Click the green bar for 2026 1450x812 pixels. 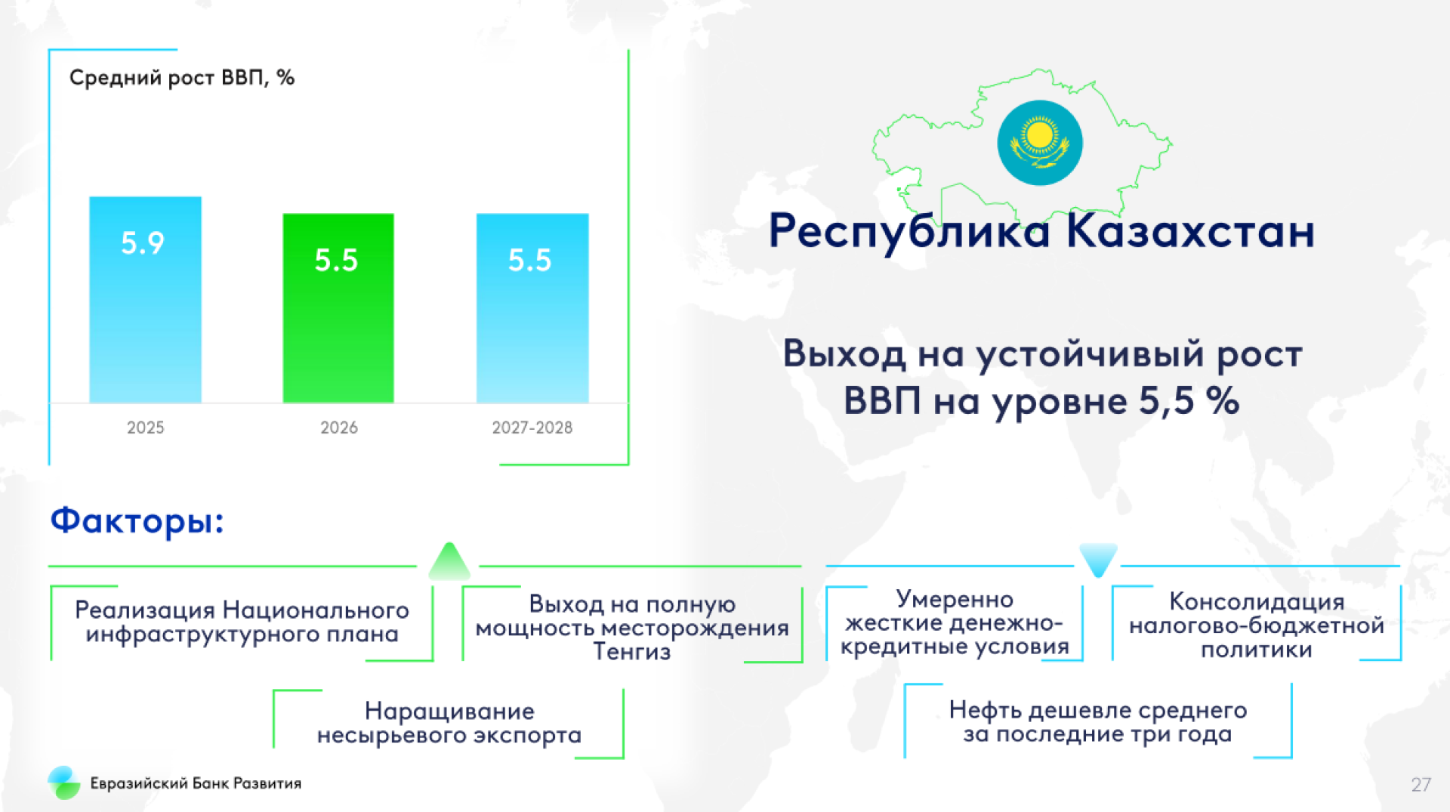(x=338, y=308)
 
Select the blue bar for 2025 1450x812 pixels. (x=145, y=300)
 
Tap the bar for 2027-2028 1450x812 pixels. (x=532, y=308)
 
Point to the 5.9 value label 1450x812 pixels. (x=143, y=243)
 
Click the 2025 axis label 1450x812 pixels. (x=145, y=428)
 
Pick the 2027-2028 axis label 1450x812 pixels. (x=532, y=428)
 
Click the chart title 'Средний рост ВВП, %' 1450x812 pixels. (x=182, y=78)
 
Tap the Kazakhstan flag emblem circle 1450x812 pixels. (x=1040, y=143)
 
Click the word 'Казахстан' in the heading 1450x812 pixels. (x=1191, y=231)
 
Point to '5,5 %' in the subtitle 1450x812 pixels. (x=1189, y=400)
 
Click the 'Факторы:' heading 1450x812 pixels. (x=137, y=521)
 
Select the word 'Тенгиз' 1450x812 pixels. (x=632, y=651)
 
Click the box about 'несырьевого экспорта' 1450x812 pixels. (x=449, y=723)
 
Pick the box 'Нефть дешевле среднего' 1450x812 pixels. (x=1098, y=721)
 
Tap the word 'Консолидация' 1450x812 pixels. (x=1257, y=601)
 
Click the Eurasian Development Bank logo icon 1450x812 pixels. (x=64, y=783)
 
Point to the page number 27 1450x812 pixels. (x=1421, y=785)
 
